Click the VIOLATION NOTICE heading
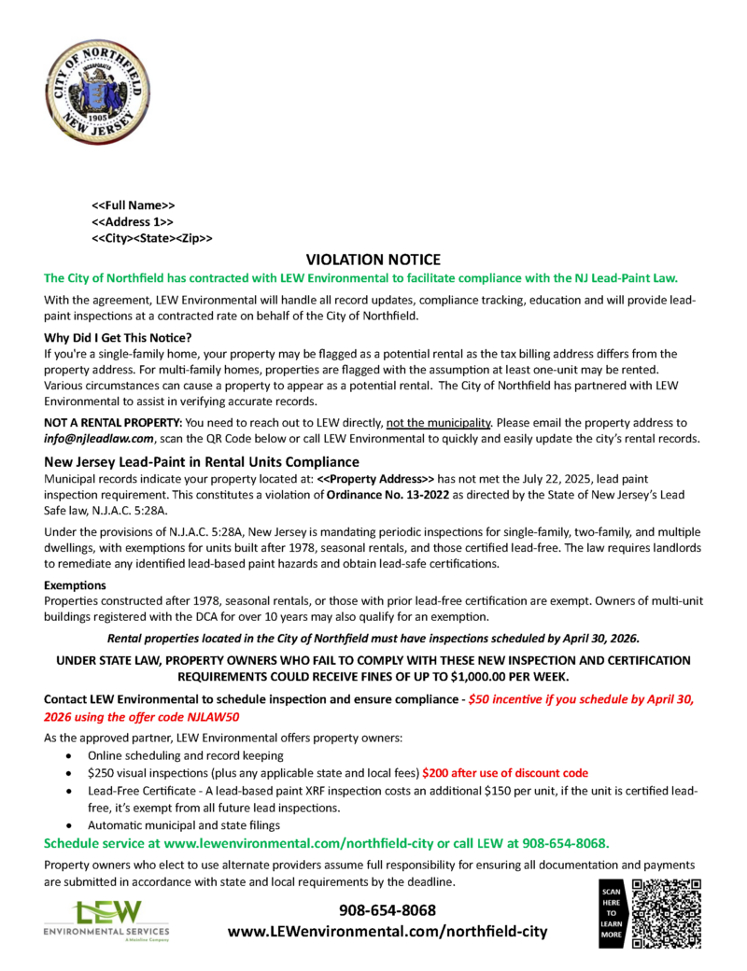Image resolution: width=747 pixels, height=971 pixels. point(373,260)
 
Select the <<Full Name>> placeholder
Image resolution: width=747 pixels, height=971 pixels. point(134,204)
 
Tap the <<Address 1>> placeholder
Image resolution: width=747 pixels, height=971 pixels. point(133,221)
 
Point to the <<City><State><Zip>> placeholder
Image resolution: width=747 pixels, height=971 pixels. point(151,238)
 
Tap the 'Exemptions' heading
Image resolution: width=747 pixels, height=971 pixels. point(77,584)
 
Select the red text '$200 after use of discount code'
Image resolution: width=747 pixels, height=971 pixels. point(505,772)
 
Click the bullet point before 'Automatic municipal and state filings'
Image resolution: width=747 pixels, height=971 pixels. point(69,825)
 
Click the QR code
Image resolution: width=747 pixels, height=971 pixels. point(666,914)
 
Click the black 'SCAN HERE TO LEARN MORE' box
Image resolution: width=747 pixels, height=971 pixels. point(612,914)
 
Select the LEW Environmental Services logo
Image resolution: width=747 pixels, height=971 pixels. point(106,920)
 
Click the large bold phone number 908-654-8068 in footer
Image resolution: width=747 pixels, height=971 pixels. point(387,909)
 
